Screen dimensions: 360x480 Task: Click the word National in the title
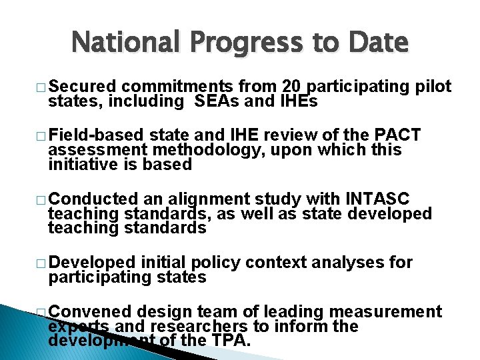click(x=126, y=42)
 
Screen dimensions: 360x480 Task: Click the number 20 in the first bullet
click(x=291, y=87)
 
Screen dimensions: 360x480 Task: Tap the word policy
click(x=215, y=262)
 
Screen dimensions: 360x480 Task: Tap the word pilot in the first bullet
click(x=433, y=87)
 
